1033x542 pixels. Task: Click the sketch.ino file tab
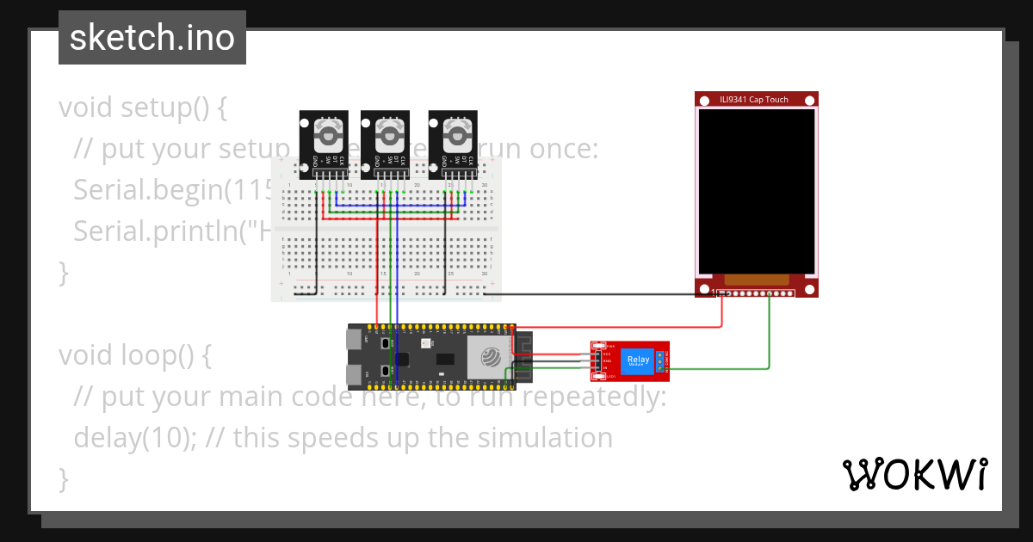tap(152, 38)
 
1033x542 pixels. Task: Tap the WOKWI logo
tap(914, 474)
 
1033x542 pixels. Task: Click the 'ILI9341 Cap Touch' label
tap(754, 100)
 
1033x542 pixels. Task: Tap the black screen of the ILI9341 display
tap(756, 189)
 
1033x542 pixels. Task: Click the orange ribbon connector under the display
tap(756, 280)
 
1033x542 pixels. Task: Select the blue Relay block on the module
tap(639, 360)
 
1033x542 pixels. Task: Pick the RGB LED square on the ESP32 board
tap(424, 343)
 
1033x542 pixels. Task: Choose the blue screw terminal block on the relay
tap(661, 361)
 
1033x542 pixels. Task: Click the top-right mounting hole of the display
tap(807, 101)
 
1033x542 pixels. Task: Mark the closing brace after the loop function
tap(62, 478)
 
